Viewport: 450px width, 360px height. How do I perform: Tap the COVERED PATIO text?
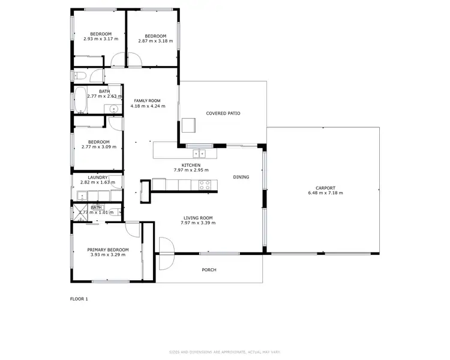click(x=223, y=113)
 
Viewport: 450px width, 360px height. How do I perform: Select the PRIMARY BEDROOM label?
click(x=108, y=250)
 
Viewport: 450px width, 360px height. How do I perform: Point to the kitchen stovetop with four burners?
click(x=205, y=185)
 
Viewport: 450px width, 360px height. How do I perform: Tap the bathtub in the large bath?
click(x=80, y=100)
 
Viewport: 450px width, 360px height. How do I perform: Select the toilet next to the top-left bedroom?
click(x=78, y=76)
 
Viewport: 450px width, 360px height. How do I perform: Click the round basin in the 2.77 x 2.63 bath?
click(x=113, y=109)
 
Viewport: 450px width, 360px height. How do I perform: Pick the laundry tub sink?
click(x=81, y=194)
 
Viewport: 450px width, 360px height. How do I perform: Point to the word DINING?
click(x=241, y=177)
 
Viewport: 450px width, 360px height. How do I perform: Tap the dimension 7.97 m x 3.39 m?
click(x=198, y=223)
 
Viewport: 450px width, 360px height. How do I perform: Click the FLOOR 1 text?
click(x=79, y=298)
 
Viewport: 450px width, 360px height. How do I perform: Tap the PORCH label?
click(x=208, y=270)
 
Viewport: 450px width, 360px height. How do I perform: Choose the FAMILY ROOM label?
click(x=148, y=101)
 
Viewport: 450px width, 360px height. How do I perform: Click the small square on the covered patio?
click(x=190, y=124)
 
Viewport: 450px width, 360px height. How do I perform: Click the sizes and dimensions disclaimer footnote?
click(x=225, y=352)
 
